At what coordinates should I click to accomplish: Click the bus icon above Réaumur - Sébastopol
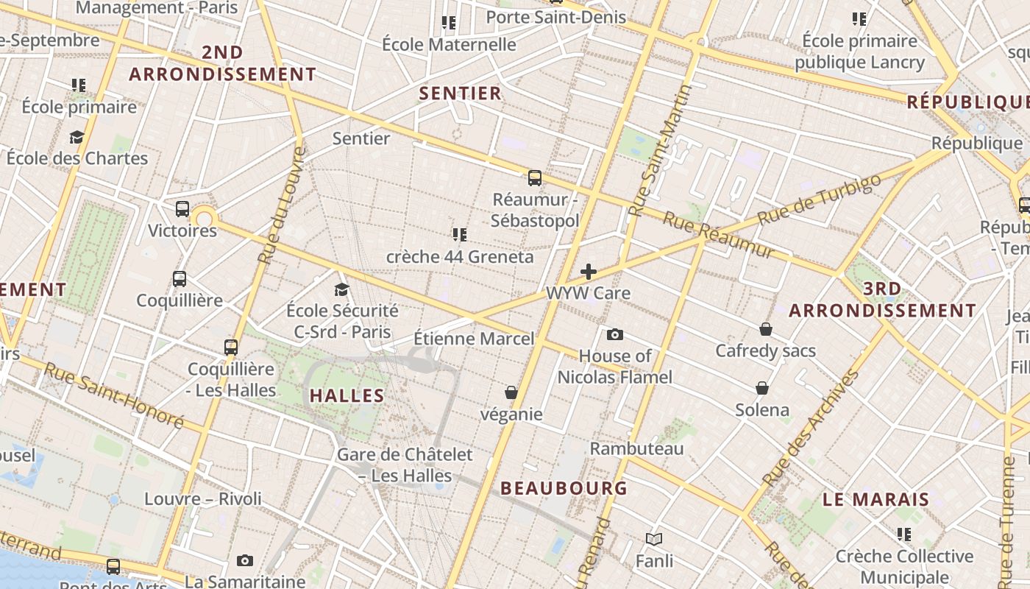point(535,178)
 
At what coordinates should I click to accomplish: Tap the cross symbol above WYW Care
point(589,272)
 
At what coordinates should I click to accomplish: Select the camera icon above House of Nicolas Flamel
point(615,335)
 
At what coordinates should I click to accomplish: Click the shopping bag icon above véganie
point(511,393)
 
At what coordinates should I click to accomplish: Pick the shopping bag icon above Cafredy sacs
point(766,329)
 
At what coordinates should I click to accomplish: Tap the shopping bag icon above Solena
point(762,388)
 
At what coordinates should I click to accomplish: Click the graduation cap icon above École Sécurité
point(341,289)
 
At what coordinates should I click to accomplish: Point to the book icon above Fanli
point(654,540)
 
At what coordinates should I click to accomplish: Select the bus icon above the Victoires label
point(182,209)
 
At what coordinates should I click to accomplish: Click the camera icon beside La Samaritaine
point(245,561)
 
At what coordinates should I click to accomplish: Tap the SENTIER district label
point(460,94)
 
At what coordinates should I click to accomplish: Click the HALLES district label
point(347,396)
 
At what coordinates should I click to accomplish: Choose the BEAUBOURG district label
point(564,488)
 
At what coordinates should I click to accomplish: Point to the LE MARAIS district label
point(876,500)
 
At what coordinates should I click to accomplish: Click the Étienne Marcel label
point(474,339)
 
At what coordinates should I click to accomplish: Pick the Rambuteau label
point(637,448)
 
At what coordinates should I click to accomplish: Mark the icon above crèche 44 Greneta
point(460,235)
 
